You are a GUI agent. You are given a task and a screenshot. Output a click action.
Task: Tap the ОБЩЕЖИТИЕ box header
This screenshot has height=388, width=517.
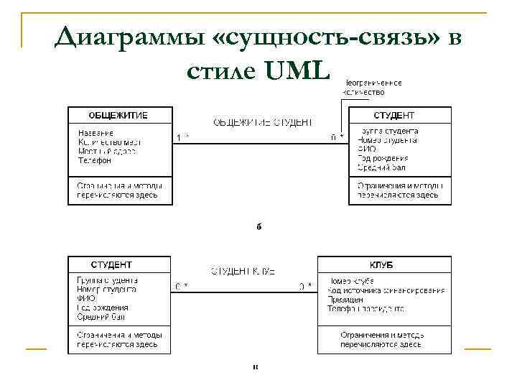(119, 115)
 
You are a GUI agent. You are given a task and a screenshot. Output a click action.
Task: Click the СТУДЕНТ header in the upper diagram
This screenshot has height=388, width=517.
(394, 115)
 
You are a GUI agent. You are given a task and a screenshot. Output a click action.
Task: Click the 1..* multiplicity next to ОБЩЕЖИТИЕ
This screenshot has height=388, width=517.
(182, 137)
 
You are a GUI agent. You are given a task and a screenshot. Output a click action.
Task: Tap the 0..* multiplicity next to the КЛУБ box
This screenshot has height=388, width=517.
(305, 286)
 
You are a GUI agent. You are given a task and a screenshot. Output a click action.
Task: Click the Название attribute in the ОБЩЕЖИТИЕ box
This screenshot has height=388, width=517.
(96, 132)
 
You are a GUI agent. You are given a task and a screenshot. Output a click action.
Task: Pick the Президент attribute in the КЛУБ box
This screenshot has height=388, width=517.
(343, 300)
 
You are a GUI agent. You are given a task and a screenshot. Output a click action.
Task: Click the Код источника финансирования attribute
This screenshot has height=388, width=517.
(386, 290)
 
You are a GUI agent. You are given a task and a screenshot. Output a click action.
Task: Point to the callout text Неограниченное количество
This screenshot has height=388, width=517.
(371, 87)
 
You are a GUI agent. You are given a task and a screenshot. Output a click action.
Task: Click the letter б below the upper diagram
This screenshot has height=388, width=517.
(258, 227)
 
